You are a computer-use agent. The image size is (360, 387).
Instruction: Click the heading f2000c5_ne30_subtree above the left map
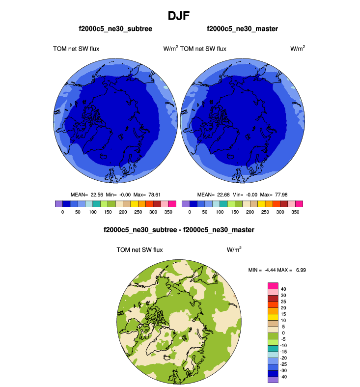[115, 29]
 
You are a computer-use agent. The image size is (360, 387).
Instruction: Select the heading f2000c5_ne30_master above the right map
[242, 29]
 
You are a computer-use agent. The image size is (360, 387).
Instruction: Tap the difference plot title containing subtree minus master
[179, 229]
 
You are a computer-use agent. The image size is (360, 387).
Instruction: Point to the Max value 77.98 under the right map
[280, 194]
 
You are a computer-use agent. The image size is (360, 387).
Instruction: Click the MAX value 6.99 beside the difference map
[300, 270]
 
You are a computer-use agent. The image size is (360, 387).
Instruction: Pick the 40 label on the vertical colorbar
[283, 289]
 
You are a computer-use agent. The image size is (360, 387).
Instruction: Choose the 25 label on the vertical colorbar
[283, 301]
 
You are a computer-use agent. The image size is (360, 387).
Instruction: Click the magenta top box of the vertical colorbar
[273, 285]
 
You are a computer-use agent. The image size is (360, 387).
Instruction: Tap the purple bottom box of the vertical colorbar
[273, 380]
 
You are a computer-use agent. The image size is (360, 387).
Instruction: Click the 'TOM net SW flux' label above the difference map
[139, 249]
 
